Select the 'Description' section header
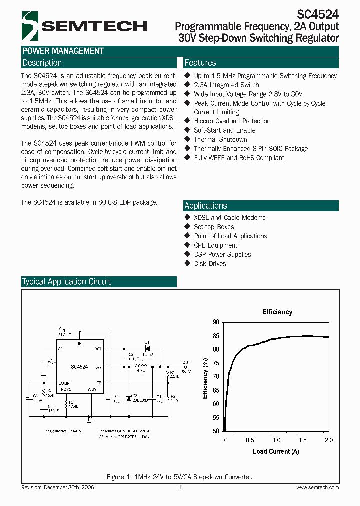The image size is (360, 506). (x=42, y=63)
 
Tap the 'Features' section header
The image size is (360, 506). (x=200, y=63)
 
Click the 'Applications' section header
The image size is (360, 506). (x=206, y=206)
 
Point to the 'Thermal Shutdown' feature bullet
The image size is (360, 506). (x=220, y=139)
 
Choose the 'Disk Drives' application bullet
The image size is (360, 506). (x=210, y=263)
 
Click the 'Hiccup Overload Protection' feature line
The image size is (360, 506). (x=232, y=121)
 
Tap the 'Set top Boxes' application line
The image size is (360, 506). (x=214, y=227)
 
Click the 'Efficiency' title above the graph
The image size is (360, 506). (x=277, y=312)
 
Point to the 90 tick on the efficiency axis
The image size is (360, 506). (x=216, y=322)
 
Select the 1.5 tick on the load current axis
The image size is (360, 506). (x=302, y=440)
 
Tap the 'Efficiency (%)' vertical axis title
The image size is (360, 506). (x=205, y=377)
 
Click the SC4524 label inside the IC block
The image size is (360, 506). (x=79, y=367)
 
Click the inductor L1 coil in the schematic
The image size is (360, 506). (x=140, y=367)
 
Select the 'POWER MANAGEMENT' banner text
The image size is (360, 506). (x=63, y=51)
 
